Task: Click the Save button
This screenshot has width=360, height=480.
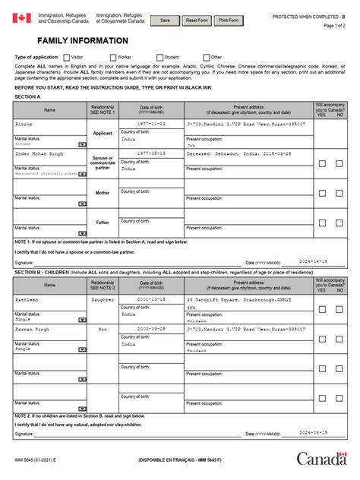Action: pos(166,21)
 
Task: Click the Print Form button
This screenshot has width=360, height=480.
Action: pos(232,21)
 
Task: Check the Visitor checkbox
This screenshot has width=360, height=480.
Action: pos(67,57)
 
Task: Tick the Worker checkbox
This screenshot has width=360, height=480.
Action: pos(113,57)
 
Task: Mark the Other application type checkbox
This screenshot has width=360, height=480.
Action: pos(206,57)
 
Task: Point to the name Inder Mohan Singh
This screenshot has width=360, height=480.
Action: pos(37,153)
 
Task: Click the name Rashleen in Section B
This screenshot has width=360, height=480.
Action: pos(27,298)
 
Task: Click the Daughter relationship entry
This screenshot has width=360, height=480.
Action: pos(103,299)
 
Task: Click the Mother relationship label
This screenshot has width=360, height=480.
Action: pos(103,193)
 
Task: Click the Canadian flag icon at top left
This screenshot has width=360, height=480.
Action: pos(21,19)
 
